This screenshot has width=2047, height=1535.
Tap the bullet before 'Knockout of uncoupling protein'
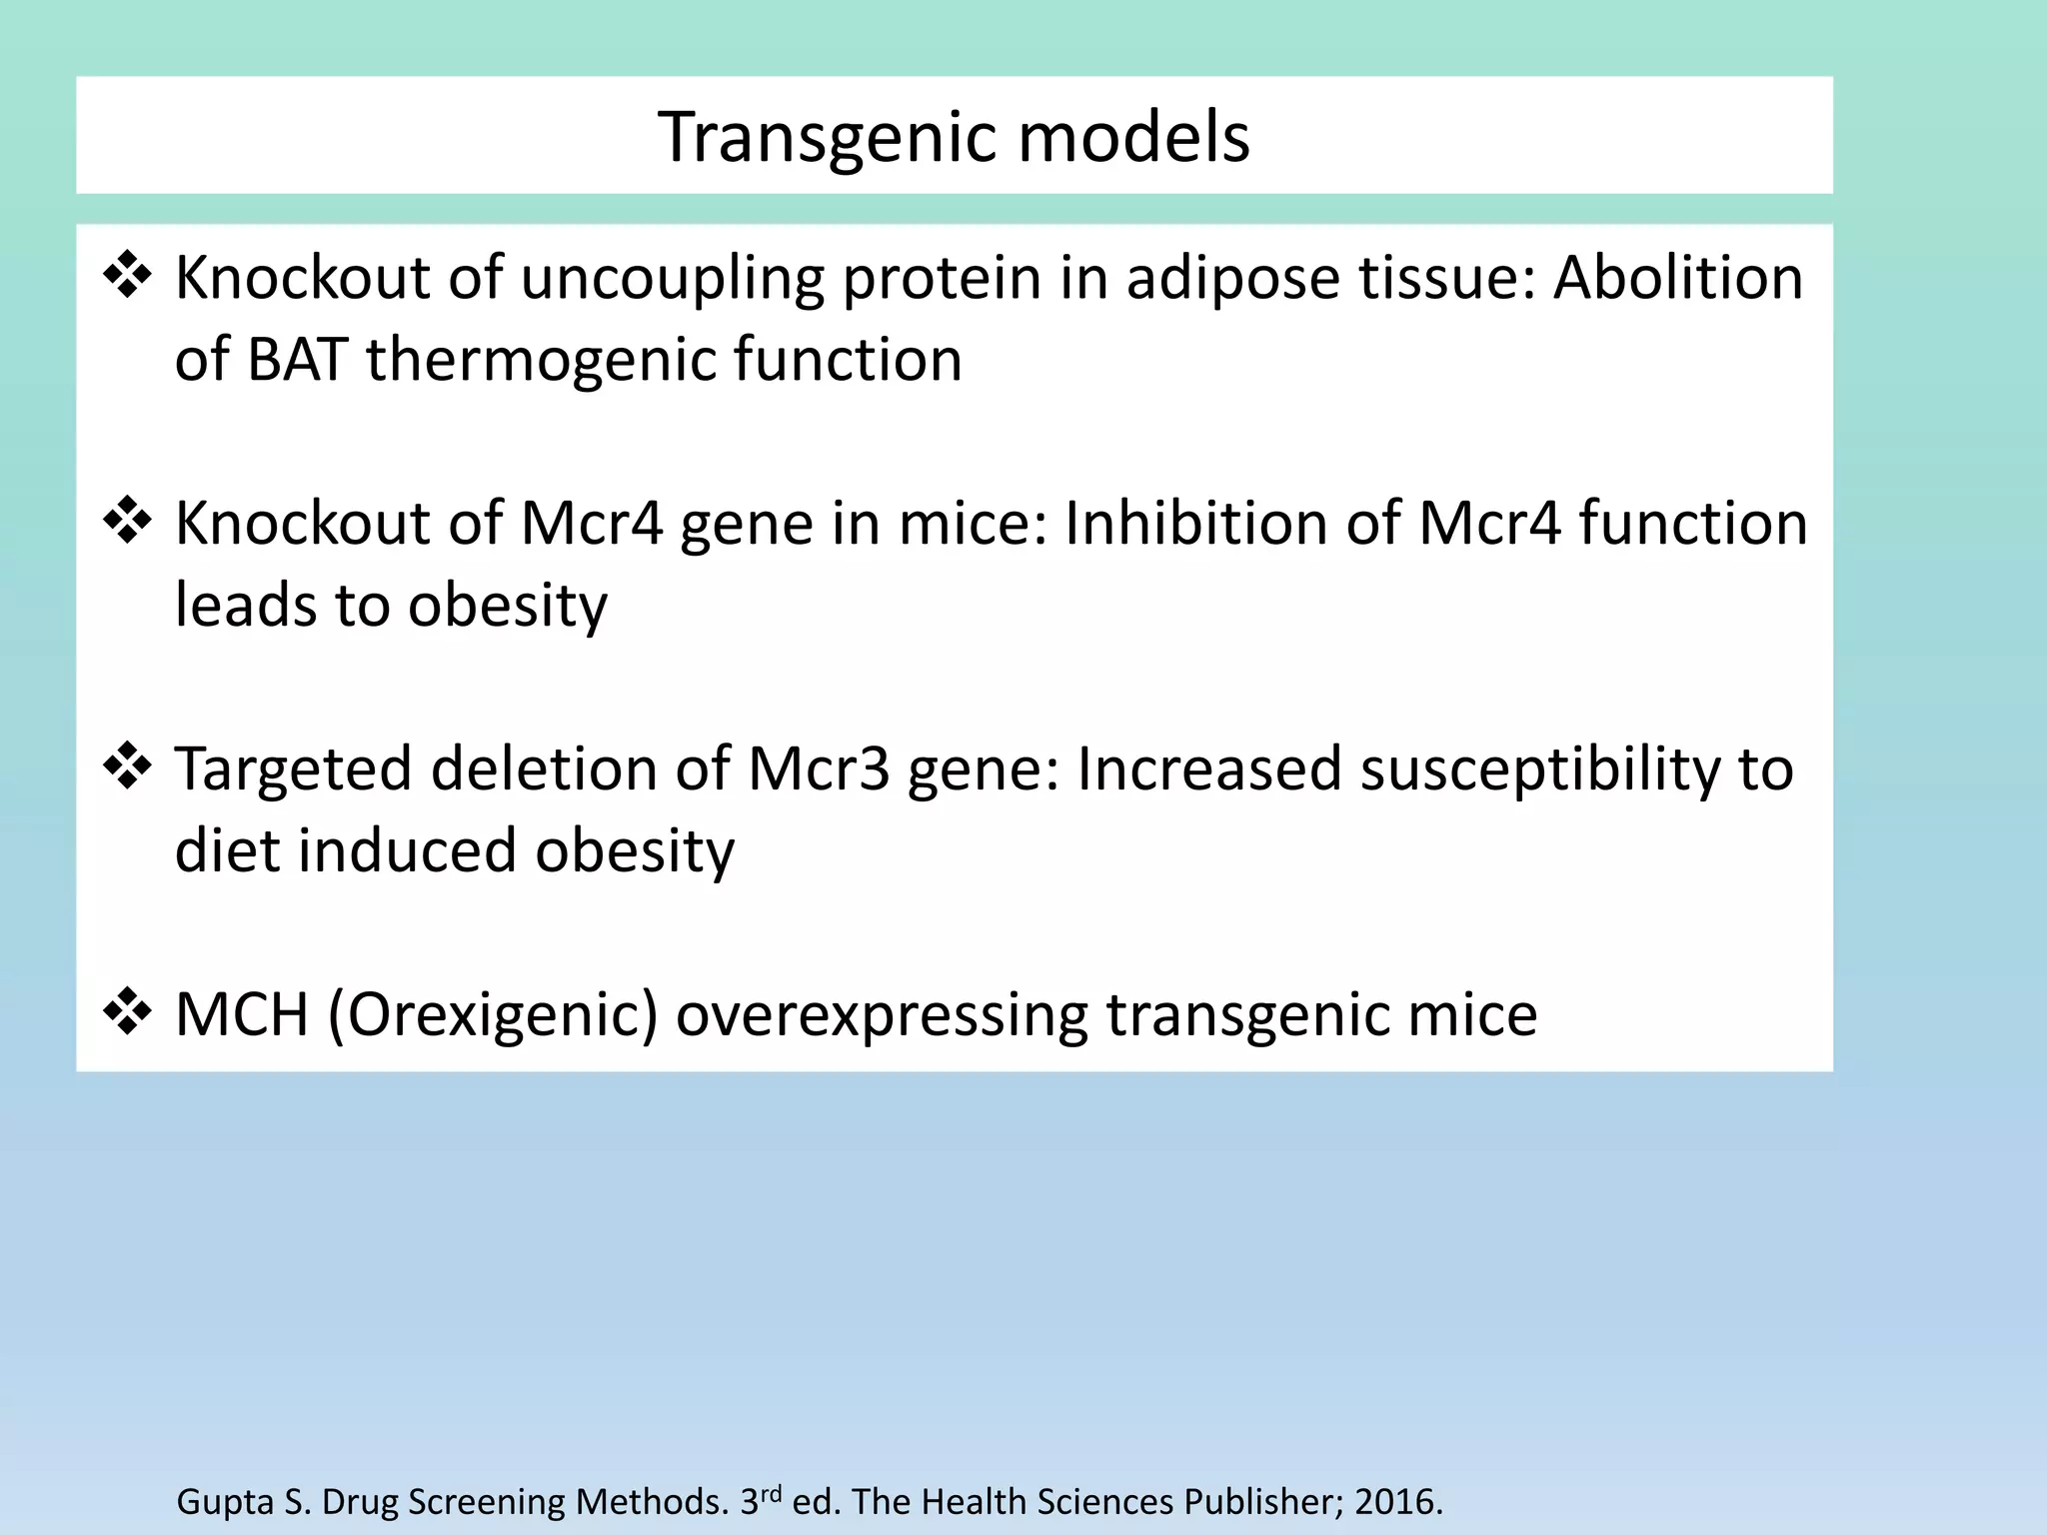(x=127, y=276)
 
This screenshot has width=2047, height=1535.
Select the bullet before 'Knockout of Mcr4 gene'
(x=127, y=522)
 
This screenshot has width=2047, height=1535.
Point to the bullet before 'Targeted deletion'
(x=127, y=767)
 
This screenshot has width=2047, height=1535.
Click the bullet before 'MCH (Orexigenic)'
(x=127, y=1013)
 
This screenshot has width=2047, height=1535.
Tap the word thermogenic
(x=541, y=361)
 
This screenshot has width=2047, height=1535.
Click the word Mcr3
(x=818, y=768)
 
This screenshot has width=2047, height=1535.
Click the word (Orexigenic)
(x=492, y=1015)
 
